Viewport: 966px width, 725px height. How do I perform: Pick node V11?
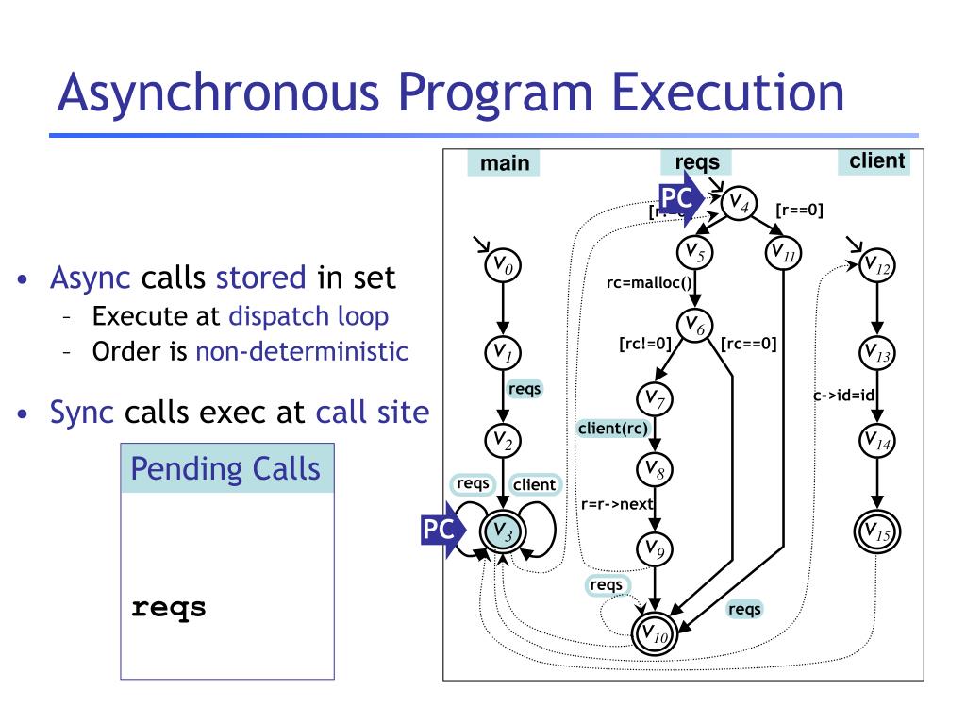pos(783,253)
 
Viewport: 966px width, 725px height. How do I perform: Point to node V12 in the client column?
pos(877,266)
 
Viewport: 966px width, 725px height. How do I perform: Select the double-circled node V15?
pos(877,532)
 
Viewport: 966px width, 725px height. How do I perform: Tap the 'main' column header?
pos(505,163)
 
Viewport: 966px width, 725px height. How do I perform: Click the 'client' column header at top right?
pos(876,160)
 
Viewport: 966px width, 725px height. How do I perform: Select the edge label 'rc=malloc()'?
pos(649,281)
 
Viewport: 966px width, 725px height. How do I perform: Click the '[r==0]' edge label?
pos(799,210)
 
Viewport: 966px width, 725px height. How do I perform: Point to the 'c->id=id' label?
pos(844,396)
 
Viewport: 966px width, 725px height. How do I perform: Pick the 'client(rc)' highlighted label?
pos(613,429)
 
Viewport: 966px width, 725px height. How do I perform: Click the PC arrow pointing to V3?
pos(441,532)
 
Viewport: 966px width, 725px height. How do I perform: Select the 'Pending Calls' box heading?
pos(226,468)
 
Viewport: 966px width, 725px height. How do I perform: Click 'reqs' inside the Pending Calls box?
pos(169,608)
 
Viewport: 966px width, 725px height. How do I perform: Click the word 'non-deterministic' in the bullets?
pos(302,352)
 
